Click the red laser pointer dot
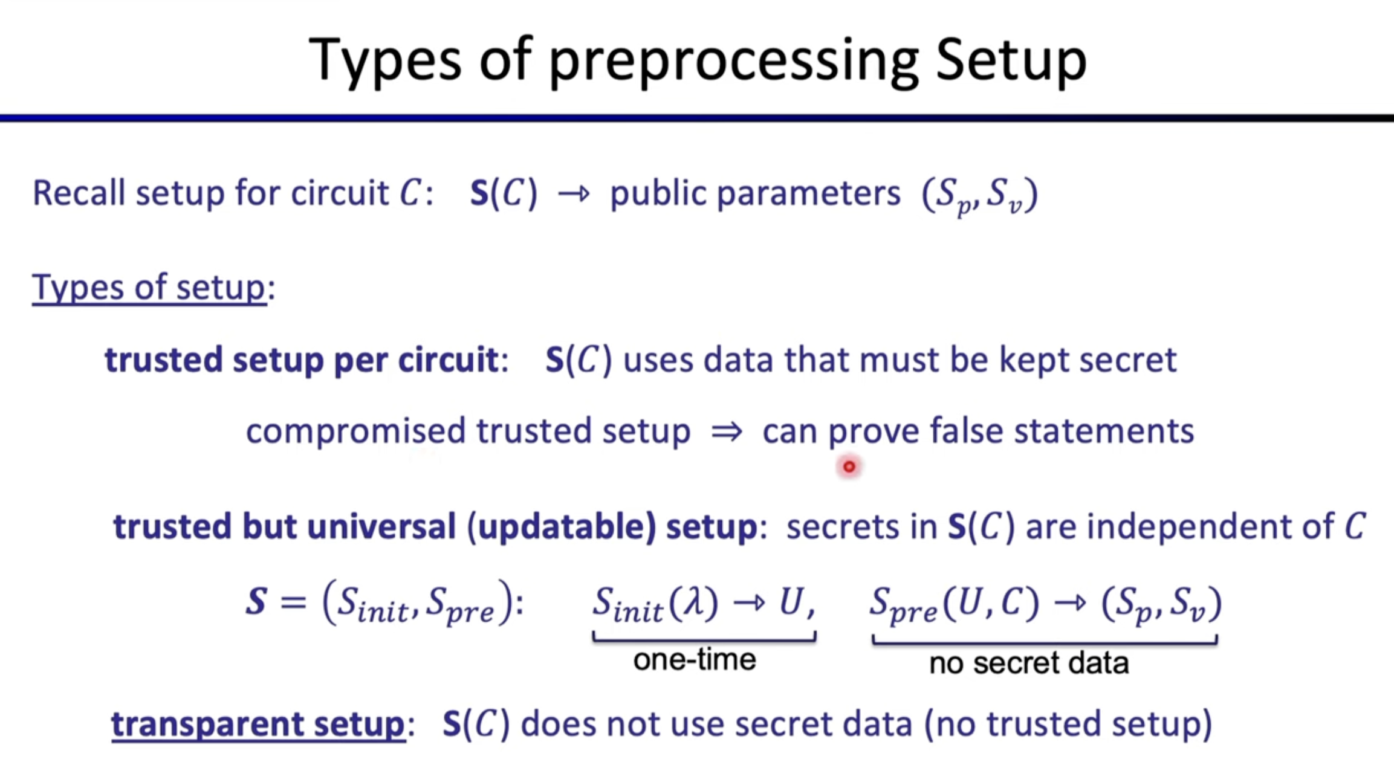coord(849,466)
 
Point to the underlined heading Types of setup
coord(149,288)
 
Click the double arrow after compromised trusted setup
coord(726,431)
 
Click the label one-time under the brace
coord(695,659)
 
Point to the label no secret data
coord(1029,663)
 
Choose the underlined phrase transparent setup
coord(258,724)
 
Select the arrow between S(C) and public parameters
coord(573,194)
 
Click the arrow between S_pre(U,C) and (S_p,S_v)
coord(1071,603)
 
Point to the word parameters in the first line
coord(808,195)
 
